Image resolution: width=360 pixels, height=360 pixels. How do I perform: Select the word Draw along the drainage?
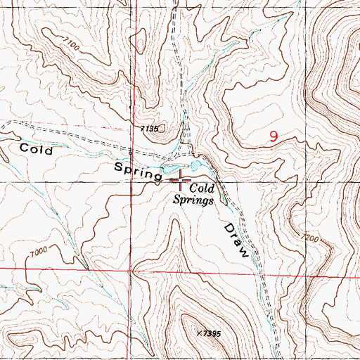coord(237,240)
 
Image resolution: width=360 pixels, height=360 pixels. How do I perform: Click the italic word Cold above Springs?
coord(202,188)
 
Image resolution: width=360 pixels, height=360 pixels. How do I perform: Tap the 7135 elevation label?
coord(150,129)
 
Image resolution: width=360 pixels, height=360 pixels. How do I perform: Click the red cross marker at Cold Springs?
coord(182,181)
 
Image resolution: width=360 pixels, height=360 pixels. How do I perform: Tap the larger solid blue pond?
coord(169,169)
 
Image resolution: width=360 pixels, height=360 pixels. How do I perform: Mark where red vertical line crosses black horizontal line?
coord(132,181)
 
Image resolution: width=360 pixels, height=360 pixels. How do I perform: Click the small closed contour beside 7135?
coord(164,129)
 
